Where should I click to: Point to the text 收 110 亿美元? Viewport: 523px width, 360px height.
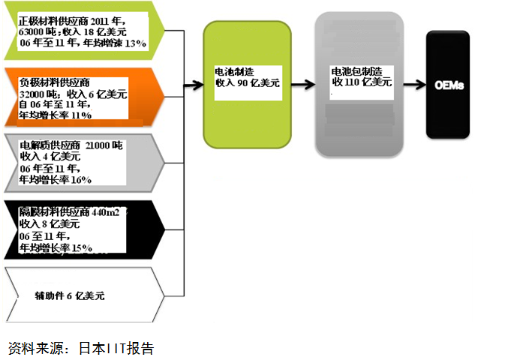pyautogui.click(x=361, y=82)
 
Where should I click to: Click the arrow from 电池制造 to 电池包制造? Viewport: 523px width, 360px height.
pyautogui.click(x=302, y=85)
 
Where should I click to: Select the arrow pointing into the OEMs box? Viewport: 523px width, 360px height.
pyautogui.click(x=413, y=85)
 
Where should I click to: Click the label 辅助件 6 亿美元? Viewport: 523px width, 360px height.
pyautogui.click(x=70, y=295)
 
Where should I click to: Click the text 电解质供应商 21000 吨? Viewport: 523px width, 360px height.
pyautogui.click(x=71, y=144)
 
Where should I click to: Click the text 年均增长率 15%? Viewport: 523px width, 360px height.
pyautogui.click(x=56, y=247)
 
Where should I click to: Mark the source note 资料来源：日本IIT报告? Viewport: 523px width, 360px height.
pyautogui.click(x=81, y=348)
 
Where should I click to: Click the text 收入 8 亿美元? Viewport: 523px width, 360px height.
pyautogui.click(x=50, y=223)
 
